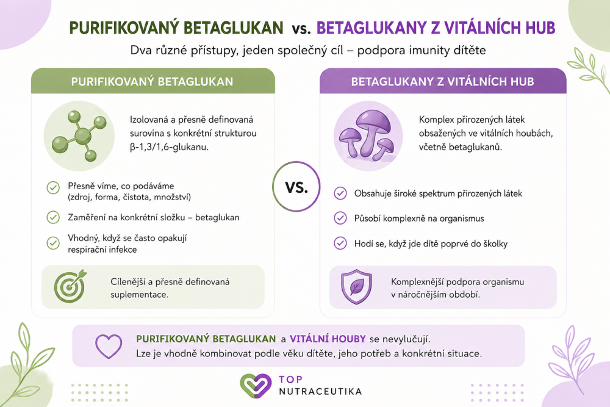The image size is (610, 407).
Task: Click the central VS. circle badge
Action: [x=296, y=186]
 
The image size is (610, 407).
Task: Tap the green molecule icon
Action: [x=79, y=136]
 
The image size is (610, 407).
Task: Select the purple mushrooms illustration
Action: [x=367, y=135]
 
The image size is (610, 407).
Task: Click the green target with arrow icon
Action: [x=70, y=286]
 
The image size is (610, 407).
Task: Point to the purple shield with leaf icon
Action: [x=356, y=287]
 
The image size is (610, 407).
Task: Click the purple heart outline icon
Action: [x=109, y=346]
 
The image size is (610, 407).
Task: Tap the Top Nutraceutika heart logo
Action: [x=255, y=386]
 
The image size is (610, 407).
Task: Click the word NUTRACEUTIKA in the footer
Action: [x=320, y=391]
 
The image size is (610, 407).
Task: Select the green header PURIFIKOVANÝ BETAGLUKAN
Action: [x=153, y=81]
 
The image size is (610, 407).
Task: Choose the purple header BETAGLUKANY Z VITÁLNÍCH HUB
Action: [x=443, y=81]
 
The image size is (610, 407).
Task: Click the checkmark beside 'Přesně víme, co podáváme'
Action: [x=53, y=187]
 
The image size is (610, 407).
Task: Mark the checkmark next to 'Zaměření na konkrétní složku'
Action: [x=53, y=217]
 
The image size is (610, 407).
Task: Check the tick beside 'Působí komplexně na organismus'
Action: [x=340, y=218]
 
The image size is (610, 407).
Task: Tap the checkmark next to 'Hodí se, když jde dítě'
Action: [x=340, y=243]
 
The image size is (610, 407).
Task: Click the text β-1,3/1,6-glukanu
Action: [x=169, y=147]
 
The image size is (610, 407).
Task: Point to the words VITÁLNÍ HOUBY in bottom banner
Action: [x=328, y=339]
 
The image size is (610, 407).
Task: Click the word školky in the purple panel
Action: [x=495, y=243]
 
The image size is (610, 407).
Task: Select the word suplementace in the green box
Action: [x=139, y=295]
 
